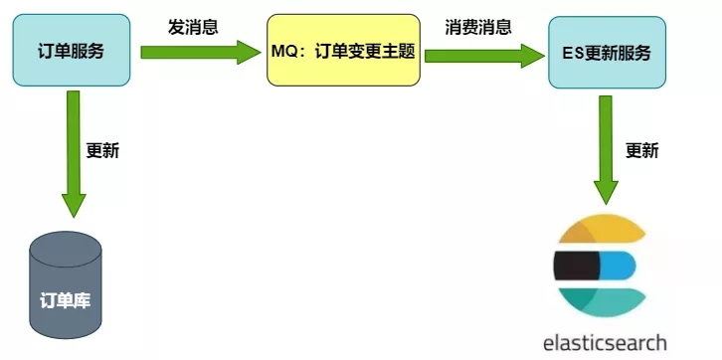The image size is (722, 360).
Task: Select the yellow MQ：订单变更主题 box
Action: [344, 50]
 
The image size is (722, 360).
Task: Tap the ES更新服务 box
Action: [608, 51]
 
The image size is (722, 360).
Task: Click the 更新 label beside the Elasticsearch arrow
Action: [641, 151]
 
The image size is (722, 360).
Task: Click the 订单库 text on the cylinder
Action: [66, 299]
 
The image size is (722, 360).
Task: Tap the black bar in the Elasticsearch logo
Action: [576, 266]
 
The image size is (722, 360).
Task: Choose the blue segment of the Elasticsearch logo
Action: [618, 266]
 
